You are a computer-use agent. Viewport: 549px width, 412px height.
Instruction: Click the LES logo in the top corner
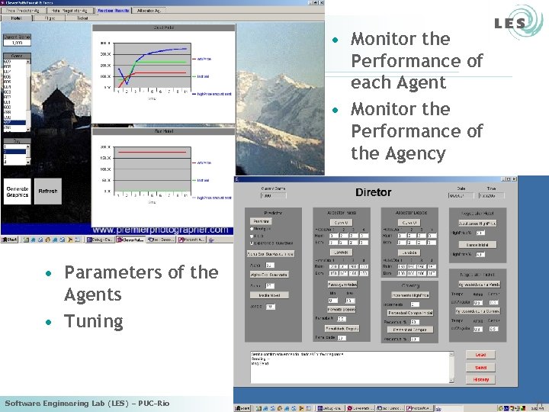coord(509,23)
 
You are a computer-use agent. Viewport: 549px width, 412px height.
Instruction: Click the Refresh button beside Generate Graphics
coord(48,192)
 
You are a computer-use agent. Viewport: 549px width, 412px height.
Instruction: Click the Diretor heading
coord(373,192)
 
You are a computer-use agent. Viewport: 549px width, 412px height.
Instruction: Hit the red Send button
coord(480,368)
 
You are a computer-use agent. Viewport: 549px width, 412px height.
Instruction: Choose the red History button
coord(480,379)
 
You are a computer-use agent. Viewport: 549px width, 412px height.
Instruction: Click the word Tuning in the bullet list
coord(94,321)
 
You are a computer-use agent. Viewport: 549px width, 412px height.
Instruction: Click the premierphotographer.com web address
coord(160,229)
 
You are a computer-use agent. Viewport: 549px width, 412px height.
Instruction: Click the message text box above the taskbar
coord(353,366)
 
